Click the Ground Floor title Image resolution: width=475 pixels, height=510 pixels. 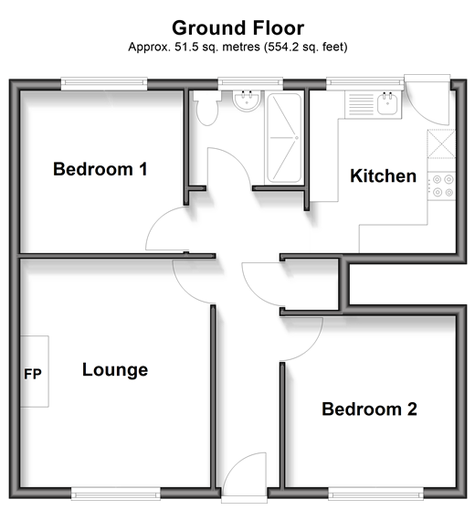[238, 28]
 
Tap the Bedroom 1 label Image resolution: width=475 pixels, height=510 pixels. [100, 169]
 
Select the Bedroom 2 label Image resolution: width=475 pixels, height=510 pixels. [369, 409]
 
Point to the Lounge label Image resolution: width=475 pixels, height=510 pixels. [115, 370]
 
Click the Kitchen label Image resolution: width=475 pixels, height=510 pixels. [384, 176]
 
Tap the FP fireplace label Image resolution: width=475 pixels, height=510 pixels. [33, 374]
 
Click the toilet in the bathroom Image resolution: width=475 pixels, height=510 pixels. [206, 108]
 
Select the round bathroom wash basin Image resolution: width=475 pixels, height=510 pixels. [247, 101]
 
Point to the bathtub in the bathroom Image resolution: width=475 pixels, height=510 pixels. [284, 138]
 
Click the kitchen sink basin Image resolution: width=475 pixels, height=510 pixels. [387, 104]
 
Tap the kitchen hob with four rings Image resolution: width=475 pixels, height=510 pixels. [442, 186]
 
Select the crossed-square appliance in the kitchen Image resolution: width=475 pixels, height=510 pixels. [441, 143]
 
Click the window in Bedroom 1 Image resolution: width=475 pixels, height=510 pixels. [104, 83]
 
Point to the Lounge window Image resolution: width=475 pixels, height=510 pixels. [115, 493]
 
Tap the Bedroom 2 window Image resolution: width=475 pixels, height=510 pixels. [375, 493]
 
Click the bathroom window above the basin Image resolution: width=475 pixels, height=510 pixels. [250, 83]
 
